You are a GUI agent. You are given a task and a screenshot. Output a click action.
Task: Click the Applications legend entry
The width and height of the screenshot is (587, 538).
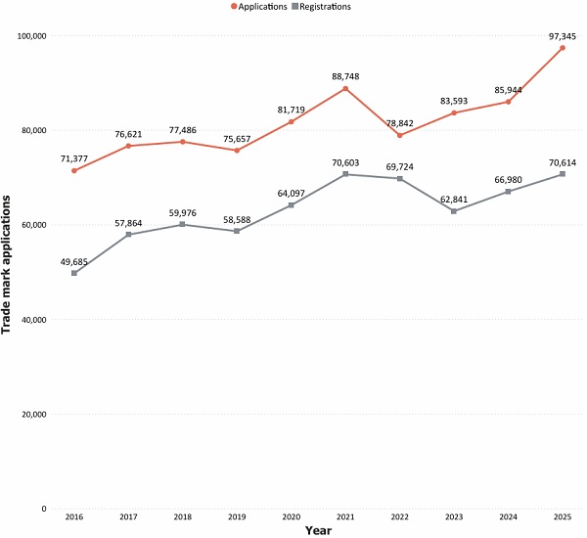(259, 7)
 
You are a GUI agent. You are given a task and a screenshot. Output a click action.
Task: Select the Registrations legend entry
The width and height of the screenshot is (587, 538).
(321, 7)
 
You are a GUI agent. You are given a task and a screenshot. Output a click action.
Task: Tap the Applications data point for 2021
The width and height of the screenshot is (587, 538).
(345, 89)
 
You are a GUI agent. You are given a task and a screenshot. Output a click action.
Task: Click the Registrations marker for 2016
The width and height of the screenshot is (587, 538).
(74, 273)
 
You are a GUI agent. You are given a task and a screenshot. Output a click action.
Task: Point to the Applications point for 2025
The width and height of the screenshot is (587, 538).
(563, 48)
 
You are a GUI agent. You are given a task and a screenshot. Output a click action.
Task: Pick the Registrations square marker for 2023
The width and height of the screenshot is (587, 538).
(454, 211)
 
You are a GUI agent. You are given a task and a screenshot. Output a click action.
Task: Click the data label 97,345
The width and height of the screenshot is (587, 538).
(563, 37)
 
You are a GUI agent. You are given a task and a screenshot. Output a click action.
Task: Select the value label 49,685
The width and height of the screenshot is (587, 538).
(74, 262)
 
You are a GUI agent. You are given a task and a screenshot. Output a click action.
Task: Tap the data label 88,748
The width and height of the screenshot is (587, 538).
(345, 76)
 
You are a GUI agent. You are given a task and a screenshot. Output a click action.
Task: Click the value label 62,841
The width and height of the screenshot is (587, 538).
(454, 200)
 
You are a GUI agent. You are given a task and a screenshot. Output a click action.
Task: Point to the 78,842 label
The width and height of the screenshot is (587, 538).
(400, 123)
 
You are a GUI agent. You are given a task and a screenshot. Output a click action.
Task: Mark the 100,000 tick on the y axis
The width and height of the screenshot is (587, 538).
(32, 36)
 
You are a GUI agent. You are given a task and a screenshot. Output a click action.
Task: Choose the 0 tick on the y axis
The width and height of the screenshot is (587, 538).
(44, 509)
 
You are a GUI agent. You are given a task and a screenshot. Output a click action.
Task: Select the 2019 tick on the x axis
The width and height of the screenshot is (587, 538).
(237, 517)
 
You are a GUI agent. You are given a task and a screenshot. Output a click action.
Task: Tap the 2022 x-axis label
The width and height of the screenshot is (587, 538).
(400, 517)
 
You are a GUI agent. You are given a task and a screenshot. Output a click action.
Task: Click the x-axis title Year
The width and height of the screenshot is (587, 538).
(318, 530)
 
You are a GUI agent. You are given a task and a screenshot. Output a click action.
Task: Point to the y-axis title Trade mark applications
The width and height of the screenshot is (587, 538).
(6, 265)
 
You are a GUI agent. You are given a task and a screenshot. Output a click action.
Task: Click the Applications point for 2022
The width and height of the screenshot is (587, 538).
(400, 136)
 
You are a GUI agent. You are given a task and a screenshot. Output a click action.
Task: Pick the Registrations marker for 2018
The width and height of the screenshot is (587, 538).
(182, 224)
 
